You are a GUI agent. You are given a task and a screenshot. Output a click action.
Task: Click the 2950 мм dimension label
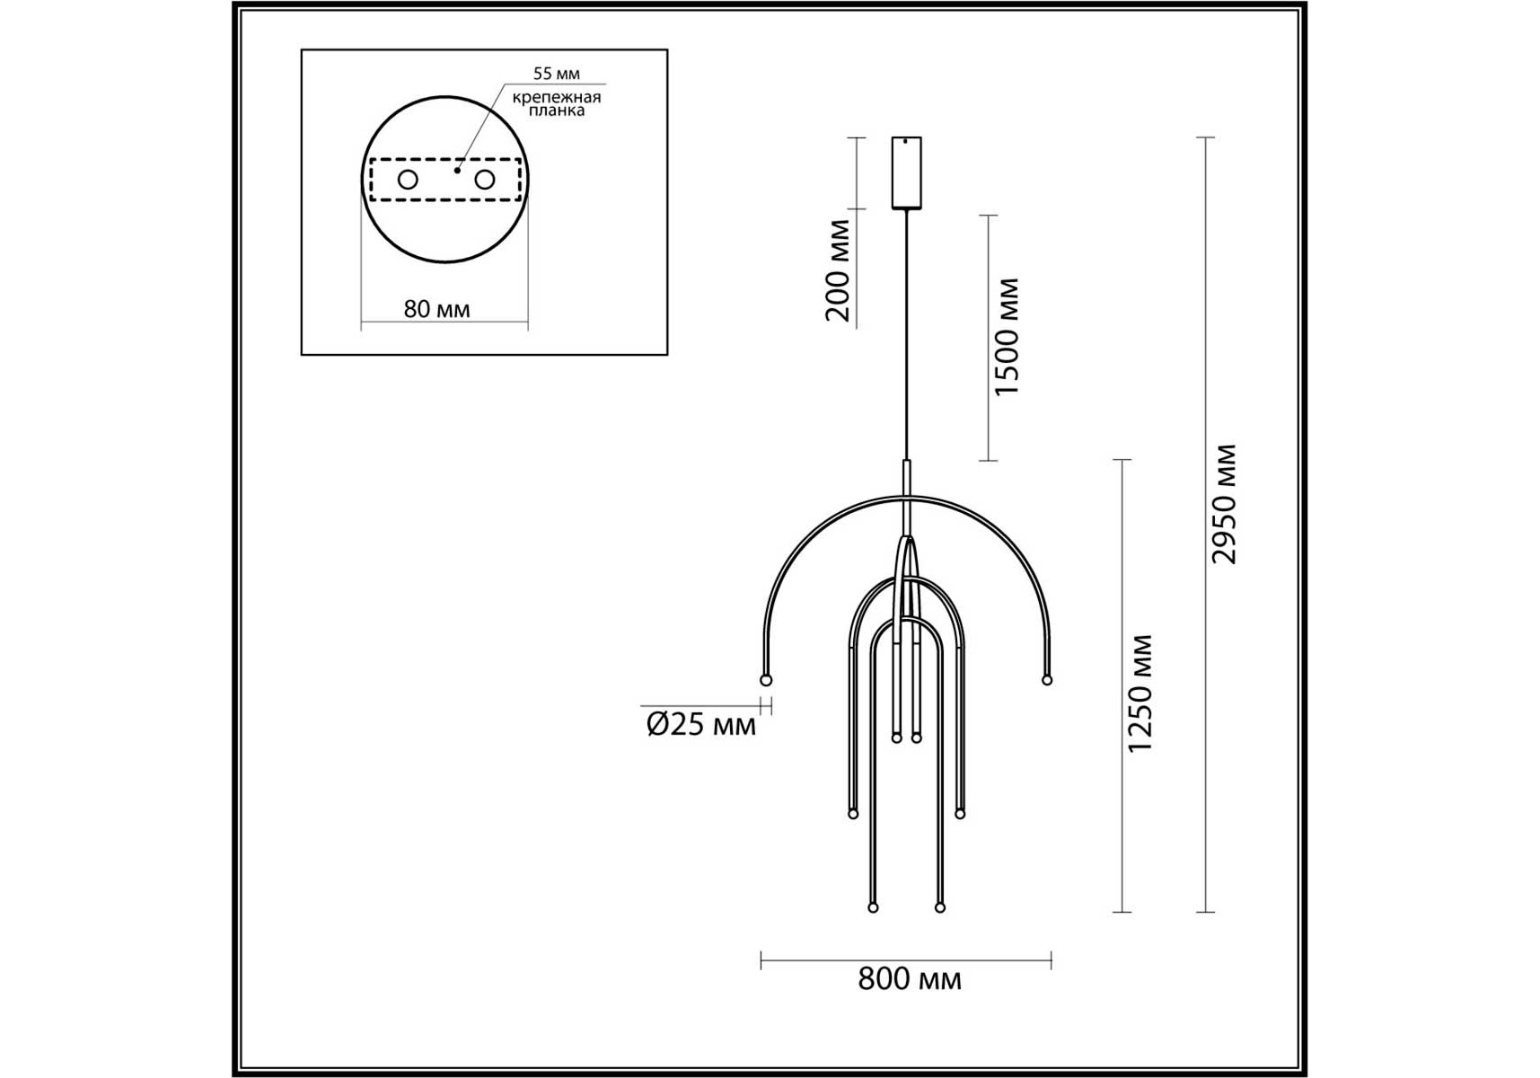click(x=1224, y=504)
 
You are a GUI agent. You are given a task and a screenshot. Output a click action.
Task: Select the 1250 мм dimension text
click(x=1140, y=694)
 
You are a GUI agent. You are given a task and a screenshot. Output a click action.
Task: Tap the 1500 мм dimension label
click(x=1008, y=337)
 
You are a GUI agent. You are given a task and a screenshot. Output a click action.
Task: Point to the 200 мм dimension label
click(x=837, y=269)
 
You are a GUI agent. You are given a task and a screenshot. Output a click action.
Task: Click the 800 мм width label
click(x=909, y=979)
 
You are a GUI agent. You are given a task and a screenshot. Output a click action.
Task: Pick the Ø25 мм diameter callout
click(x=701, y=724)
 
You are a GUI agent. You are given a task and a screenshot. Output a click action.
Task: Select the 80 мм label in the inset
click(x=436, y=309)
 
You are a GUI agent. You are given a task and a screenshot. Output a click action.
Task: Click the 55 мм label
click(x=557, y=74)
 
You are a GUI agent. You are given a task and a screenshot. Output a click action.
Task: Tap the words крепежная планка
click(x=557, y=103)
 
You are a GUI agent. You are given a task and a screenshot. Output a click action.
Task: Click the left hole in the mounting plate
click(x=408, y=180)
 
